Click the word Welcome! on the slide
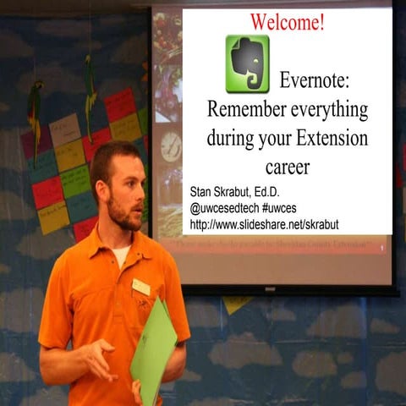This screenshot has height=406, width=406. point(287,23)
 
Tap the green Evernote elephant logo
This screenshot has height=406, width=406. point(247,64)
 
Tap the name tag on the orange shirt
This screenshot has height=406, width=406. point(141,287)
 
